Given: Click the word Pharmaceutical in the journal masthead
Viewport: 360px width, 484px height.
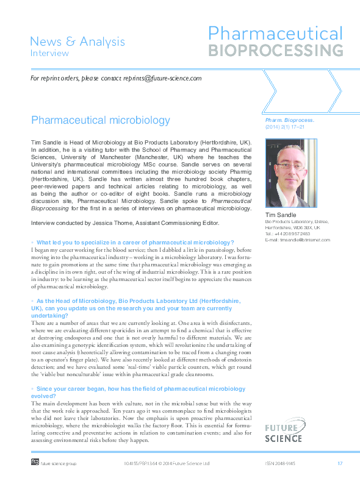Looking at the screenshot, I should coord(275,33).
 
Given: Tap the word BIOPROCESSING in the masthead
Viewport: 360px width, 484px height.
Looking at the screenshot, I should coord(275,49).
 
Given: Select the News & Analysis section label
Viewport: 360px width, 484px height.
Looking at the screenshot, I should coord(77,41).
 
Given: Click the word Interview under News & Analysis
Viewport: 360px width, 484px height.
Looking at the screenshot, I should coord(50,53).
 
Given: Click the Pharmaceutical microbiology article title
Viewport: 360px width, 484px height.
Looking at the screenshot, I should coord(101,119).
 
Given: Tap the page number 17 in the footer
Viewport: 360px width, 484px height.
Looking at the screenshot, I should coord(340,464).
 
